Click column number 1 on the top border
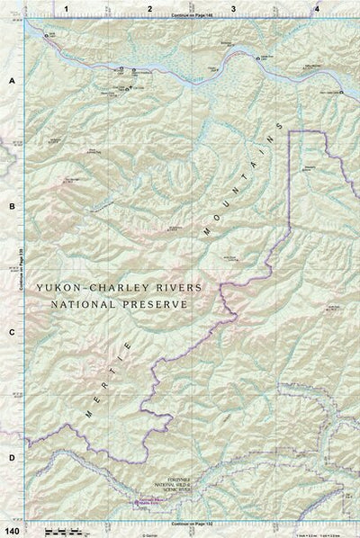click(67, 8)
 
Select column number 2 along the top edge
click(149, 8)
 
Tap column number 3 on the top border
click(233, 8)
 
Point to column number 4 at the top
click(316, 8)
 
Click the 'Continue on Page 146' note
click(191, 17)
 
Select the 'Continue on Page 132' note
click(191, 522)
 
